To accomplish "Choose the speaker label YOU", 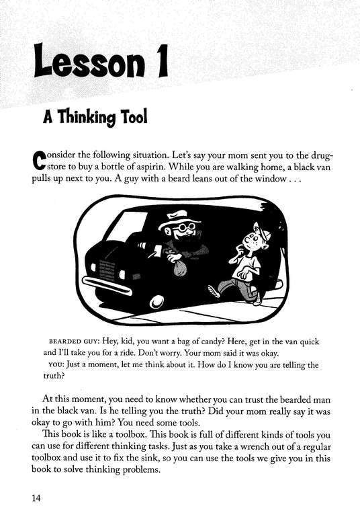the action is click(x=58, y=365).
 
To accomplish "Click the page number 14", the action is click(x=37, y=498).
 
